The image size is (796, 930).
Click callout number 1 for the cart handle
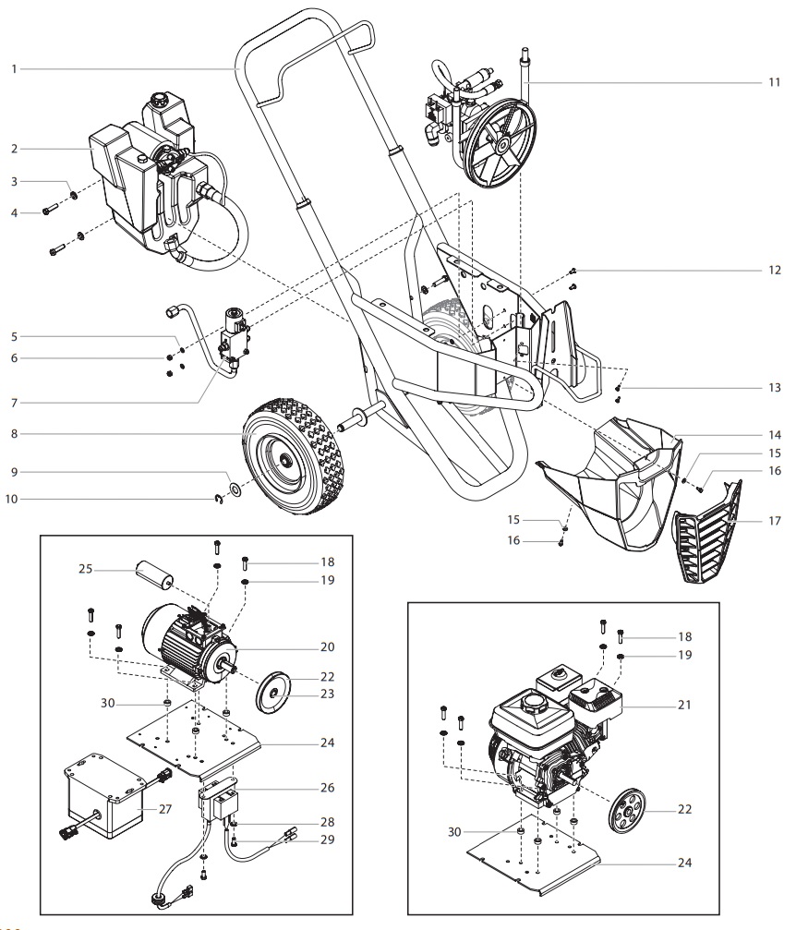pyautogui.click(x=12, y=68)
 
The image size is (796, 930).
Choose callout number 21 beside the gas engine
pyautogui.click(x=683, y=705)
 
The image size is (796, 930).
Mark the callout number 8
pyautogui.click(x=12, y=431)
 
